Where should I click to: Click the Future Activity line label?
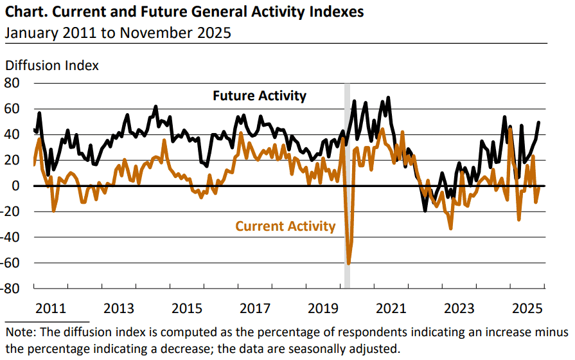click(260, 96)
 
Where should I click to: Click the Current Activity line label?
click(285, 226)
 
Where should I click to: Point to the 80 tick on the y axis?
click(13, 83)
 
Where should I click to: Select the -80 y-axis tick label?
click(11, 288)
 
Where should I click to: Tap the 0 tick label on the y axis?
click(17, 186)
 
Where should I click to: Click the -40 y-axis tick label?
click(11, 237)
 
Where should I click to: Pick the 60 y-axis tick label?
click(13, 109)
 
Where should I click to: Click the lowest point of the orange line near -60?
click(348, 263)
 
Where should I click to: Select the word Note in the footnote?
click(19, 332)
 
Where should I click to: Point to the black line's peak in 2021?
click(388, 98)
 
